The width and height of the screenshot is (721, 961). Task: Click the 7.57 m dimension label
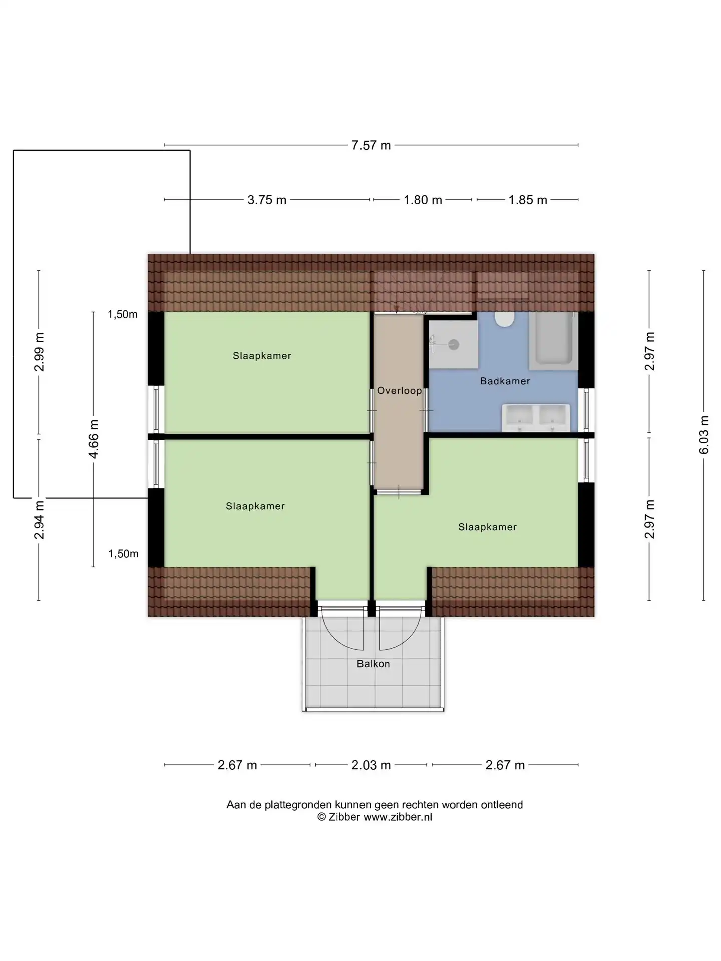371,145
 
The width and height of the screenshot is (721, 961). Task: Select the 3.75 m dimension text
267,200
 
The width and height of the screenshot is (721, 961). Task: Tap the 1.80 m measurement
423,200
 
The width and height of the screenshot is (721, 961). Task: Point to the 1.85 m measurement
528,200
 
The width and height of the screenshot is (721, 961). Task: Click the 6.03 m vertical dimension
704,435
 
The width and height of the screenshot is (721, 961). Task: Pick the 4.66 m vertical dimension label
94,439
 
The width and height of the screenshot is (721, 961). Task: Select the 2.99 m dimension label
39,352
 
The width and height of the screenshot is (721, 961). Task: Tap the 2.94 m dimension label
39,519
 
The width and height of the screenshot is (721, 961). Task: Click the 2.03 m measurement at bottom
371,765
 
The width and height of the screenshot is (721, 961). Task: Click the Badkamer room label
505,381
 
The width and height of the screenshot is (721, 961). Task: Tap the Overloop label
399,391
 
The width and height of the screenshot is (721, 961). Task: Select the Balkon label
373,664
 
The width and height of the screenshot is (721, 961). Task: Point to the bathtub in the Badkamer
553,339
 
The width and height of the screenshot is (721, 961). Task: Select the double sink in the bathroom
536,418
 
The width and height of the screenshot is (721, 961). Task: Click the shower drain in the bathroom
454,344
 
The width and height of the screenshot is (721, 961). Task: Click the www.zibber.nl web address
398,817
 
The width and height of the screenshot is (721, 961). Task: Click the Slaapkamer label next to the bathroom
487,527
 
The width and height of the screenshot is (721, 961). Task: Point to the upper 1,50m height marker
122,315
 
